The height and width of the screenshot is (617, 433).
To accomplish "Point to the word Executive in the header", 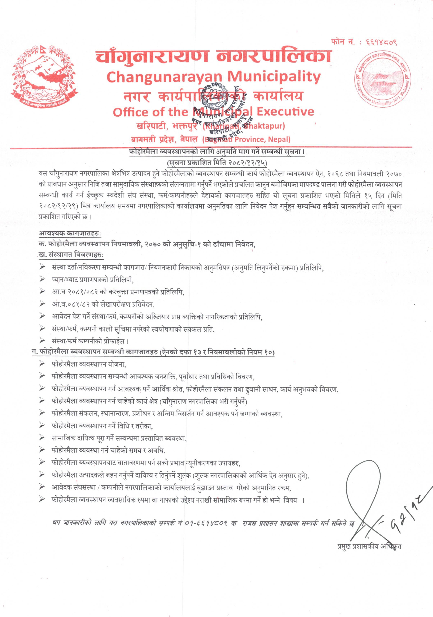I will coord(285,112).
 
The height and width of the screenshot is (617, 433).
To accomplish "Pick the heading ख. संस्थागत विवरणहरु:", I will coord(71,255).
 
